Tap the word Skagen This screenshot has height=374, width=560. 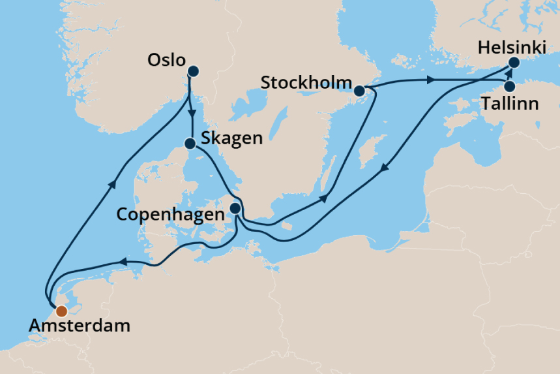(231, 138)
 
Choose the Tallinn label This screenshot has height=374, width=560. (510, 102)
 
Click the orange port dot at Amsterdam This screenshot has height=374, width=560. (61, 311)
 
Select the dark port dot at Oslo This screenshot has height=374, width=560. (193, 71)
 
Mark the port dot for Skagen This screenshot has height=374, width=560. (190, 144)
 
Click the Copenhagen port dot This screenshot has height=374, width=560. (235, 209)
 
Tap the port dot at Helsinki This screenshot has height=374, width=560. (514, 63)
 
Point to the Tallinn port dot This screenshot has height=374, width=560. (510, 86)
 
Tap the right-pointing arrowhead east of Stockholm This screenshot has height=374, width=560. (430, 80)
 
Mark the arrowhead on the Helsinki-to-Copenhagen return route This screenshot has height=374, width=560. (385, 168)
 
